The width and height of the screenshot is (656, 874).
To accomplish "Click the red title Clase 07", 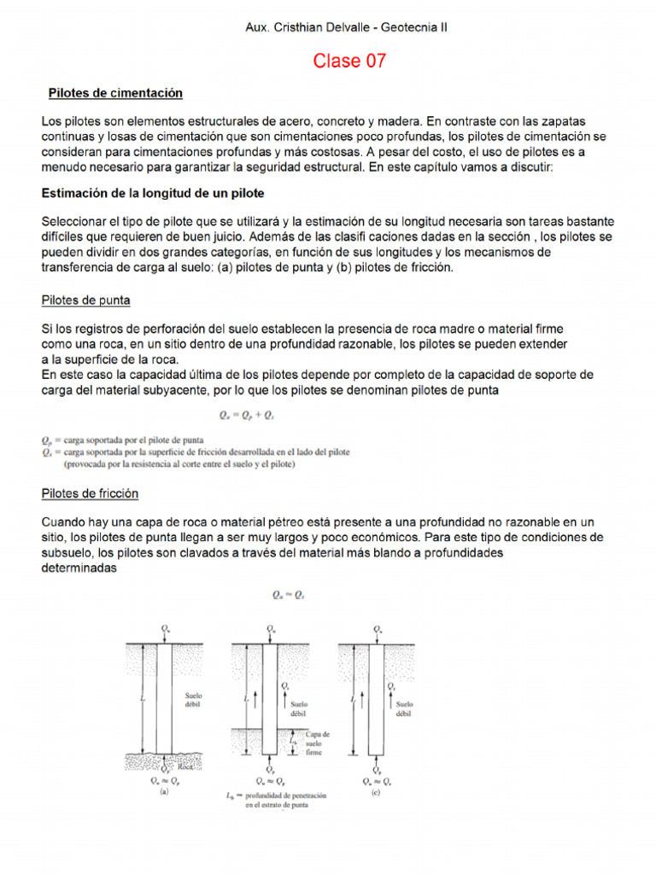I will [349, 61].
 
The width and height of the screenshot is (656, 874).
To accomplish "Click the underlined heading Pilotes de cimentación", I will [115, 92].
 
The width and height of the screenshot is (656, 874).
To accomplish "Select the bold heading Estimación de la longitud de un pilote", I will [153, 193].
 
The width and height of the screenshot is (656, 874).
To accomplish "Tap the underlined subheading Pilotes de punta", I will [85, 300].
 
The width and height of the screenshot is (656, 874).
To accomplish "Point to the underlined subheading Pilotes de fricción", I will [90, 493].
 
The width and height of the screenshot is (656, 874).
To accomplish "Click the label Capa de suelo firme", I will [318, 743].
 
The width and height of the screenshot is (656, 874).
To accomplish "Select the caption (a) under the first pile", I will [164, 790].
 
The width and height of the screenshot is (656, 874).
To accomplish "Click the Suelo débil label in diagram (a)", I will [193, 701].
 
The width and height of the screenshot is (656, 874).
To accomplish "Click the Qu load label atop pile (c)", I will [377, 628].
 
